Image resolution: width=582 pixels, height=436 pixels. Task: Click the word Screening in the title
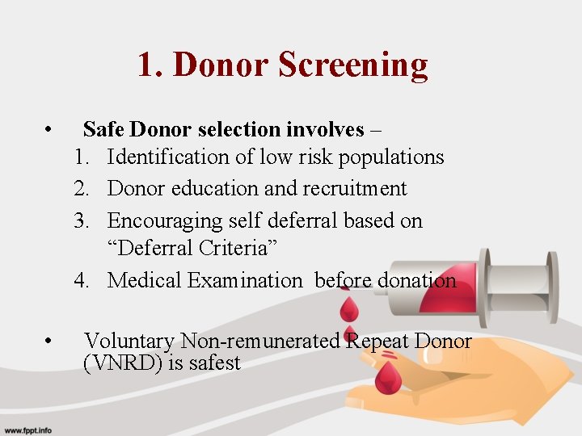pyautogui.click(x=353, y=65)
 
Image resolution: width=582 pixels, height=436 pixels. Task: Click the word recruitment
pyautogui.click(x=354, y=188)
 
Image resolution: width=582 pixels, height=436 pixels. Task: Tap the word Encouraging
pyautogui.click(x=167, y=220)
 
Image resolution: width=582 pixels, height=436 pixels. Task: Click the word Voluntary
pyautogui.click(x=129, y=341)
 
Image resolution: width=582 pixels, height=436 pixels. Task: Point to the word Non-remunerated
pyautogui.click(x=263, y=341)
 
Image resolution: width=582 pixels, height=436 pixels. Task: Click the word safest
pyautogui.click(x=215, y=363)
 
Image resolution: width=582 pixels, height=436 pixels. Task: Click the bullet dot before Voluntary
pyautogui.click(x=50, y=342)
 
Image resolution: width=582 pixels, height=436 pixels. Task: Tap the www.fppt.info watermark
pyautogui.click(x=27, y=430)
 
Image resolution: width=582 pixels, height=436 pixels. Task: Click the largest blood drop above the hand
pyautogui.click(x=389, y=376)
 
